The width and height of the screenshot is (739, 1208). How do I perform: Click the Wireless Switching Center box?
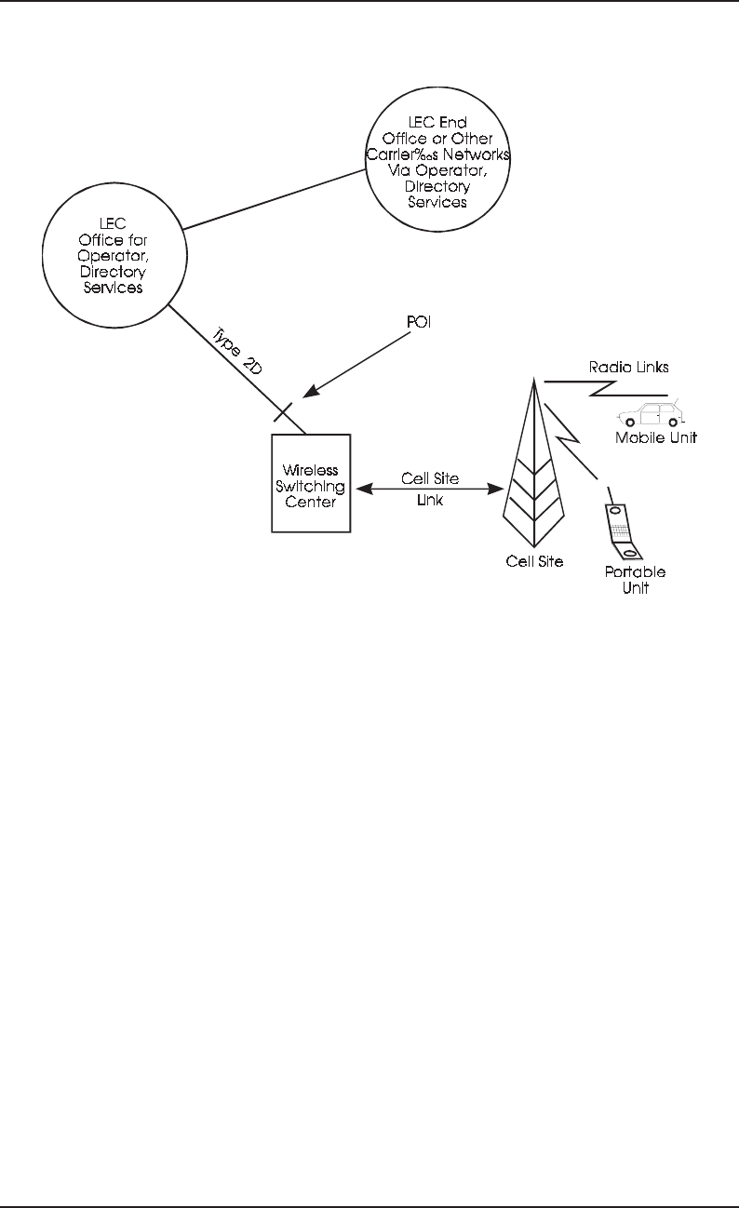coord(310,483)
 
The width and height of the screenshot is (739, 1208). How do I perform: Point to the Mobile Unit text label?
coord(656,436)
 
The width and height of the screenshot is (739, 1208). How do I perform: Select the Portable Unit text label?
coord(635,579)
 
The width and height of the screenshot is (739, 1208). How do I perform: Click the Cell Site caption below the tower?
coord(533,561)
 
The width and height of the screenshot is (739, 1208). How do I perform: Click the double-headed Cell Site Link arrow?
coord(429,487)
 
